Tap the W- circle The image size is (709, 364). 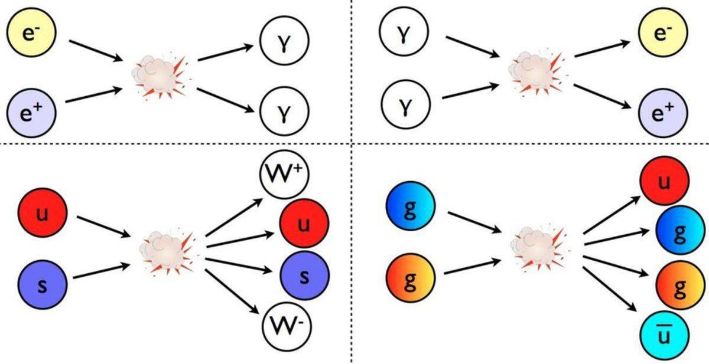pos(287,325)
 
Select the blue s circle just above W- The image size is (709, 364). pos(304,276)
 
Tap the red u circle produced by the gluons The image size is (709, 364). pos(665,181)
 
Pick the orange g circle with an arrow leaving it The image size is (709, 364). pos(411,278)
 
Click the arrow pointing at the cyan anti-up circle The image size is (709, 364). pos(610,288)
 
